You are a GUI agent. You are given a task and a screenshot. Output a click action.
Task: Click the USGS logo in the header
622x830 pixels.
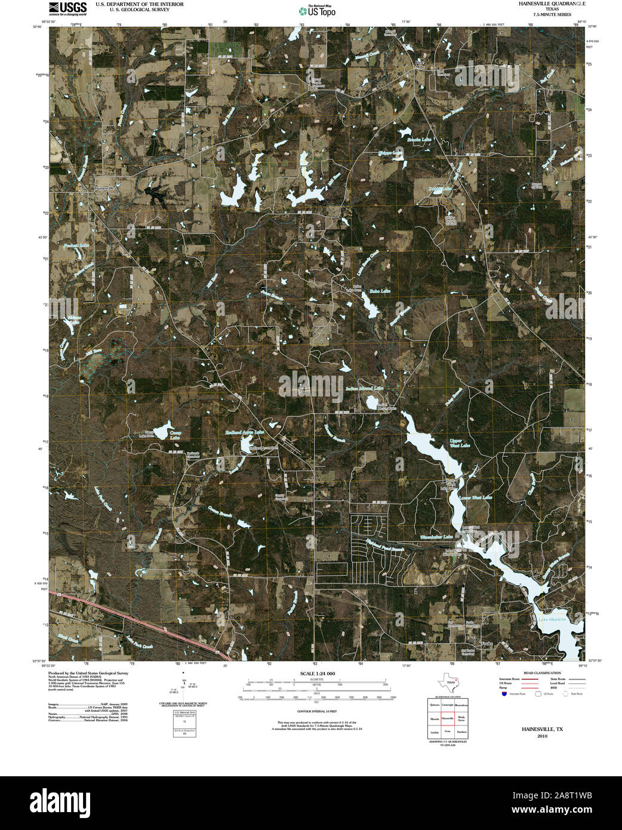tap(67, 8)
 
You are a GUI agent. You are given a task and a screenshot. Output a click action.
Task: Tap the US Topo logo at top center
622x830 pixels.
tap(317, 10)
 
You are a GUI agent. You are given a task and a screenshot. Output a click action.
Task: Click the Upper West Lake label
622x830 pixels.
tap(460, 443)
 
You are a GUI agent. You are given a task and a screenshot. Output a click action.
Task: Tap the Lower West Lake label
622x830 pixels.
tap(476, 497)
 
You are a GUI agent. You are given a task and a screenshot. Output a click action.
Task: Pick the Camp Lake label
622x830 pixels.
tap(175, 435)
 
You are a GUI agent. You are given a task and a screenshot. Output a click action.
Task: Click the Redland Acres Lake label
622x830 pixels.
tap(245, 432)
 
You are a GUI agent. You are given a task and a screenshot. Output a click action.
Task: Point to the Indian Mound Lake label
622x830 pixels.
tap(364, 388)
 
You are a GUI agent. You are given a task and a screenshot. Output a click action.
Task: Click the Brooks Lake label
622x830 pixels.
tap(419, 140)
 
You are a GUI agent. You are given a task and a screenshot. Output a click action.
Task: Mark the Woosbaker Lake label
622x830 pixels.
tap(436, 537)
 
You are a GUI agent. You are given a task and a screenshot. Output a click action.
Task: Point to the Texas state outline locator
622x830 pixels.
tap(447, 682)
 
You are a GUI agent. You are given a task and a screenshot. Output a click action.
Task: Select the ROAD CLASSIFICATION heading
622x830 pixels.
tap(540, 673)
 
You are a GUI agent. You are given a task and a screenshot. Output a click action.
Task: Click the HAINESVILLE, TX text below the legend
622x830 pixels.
tap(542, 729)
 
